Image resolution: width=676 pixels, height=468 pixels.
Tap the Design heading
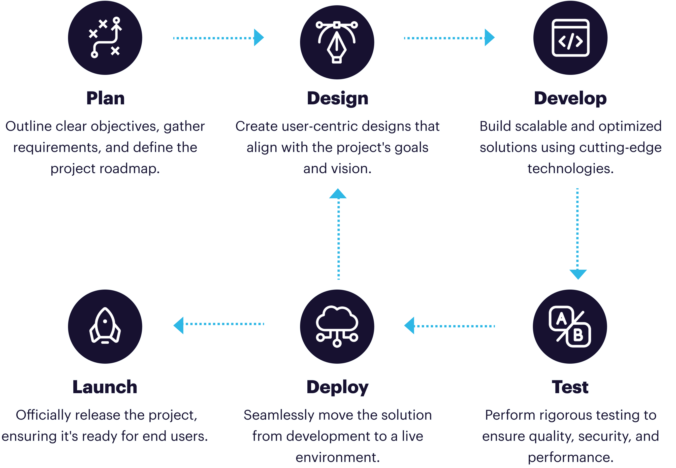[337, 99]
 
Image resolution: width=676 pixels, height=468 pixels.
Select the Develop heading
[570, 99]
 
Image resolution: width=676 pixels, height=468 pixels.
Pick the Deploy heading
[337, 387]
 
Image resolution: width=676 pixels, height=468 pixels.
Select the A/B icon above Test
[570, 326]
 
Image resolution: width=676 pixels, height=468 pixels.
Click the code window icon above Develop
[570, 38]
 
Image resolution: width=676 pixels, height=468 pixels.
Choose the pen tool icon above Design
[337, 42]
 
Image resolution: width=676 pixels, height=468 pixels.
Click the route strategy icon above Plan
[105, 38]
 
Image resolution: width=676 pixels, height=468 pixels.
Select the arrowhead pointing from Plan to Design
[258, 38]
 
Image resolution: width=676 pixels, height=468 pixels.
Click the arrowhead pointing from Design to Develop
[489, 38]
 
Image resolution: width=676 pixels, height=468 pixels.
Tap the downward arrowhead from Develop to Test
[578, 274]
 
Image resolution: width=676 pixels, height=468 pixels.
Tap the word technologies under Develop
[570, 169]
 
